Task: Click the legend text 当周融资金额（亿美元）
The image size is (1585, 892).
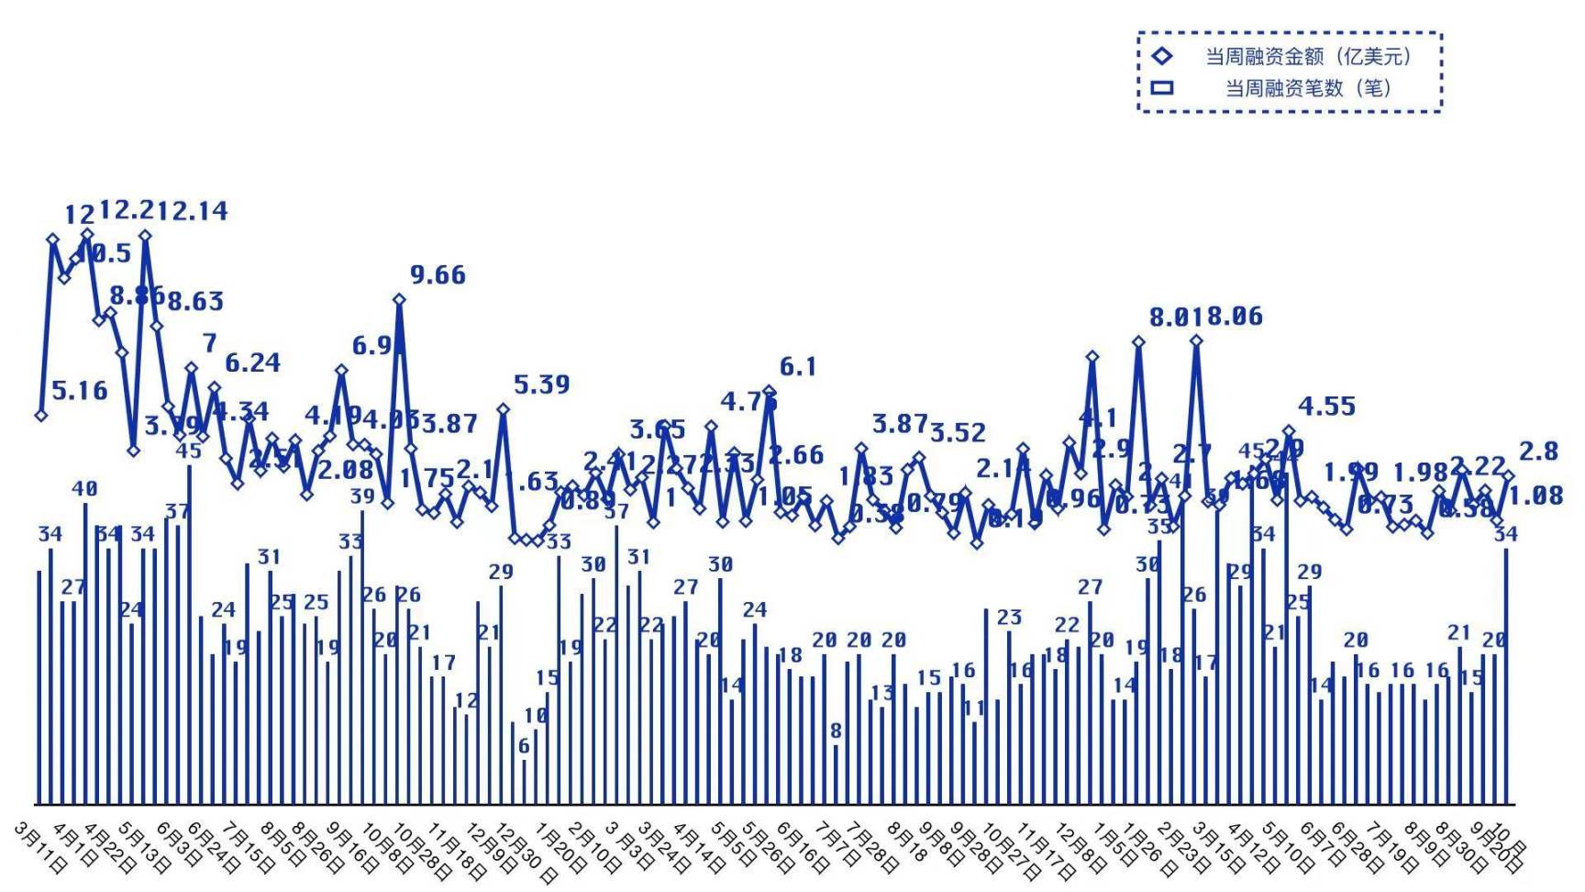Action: [1308, 57]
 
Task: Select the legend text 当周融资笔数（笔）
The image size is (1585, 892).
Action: [1308, 88]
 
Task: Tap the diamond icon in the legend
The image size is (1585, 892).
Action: [1162, 56]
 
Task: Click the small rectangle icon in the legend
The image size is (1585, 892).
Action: [1162, 88]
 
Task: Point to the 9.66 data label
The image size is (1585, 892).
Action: [438, 275]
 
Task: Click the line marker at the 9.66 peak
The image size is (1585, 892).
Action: [399, 299]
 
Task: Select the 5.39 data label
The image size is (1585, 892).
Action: [541, 385]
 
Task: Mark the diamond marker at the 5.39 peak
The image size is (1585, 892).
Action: [503, 409]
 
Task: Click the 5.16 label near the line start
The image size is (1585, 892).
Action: [79, 391]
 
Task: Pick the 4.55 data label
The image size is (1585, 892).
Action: [1326, 407]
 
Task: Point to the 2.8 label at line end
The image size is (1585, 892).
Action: [1538, 452]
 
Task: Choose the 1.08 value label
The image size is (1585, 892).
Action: [1535, 496]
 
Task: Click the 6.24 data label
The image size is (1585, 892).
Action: [252, 363]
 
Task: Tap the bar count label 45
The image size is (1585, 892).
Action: [188, 451]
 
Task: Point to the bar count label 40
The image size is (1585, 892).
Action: [84, 489]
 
